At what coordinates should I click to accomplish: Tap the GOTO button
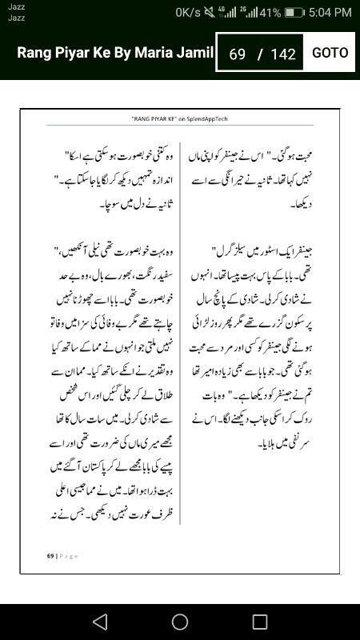click(x=330, y=53)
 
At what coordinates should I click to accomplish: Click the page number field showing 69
click(x=237, y=54)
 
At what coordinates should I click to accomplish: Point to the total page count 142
click(x=283, y=54)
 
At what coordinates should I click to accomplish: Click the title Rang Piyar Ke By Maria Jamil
click(x=115, y=53)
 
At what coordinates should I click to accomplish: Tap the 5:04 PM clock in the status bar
click(x=330, y=13)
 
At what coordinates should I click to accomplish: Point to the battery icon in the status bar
click(x=294, y=13)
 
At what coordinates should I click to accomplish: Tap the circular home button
click(x=180, y=622)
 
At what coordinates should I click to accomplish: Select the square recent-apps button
click(x=260, y=622)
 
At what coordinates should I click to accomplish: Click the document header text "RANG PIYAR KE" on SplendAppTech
click(x=181, y=118)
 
